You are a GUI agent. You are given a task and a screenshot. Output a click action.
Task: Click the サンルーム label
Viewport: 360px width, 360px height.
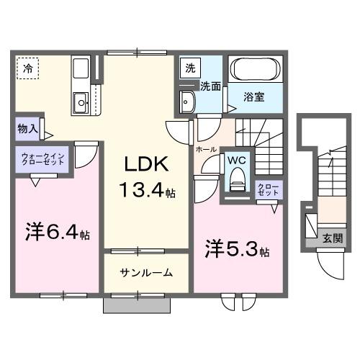click(x=146, y=272)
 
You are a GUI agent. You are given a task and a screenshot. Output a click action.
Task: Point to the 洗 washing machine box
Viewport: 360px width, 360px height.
click(x=189, y=68)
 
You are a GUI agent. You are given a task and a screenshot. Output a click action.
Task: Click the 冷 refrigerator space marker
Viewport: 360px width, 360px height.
click(x=27, y=69)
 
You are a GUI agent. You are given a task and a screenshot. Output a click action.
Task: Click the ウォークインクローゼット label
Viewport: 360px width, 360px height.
click(x=43, y=159)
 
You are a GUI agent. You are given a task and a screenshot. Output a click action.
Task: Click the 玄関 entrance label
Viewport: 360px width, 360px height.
click(x=332, y=238)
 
